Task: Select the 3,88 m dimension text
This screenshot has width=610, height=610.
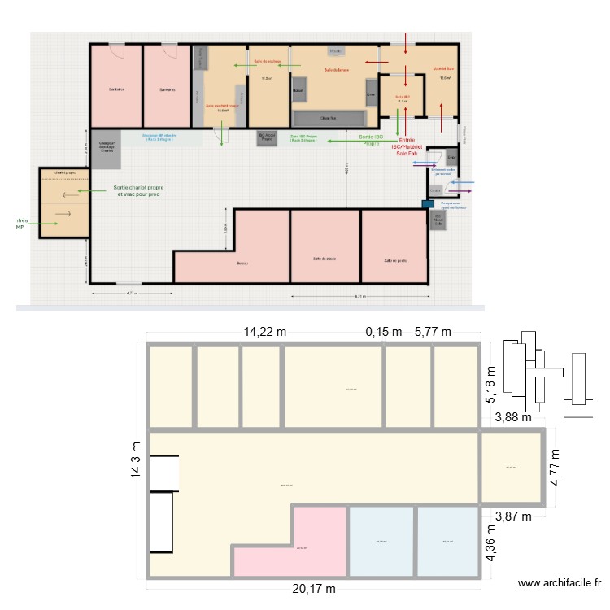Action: pyautogui.click(x=513, y=418)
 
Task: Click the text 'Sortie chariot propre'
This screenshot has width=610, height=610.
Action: pyautogui.click(x=142, y=188)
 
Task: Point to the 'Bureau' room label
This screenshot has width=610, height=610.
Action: pyautogui.click(x=242, y=263)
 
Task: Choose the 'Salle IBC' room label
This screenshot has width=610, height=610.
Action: pyautogui.click(x=402, y=97)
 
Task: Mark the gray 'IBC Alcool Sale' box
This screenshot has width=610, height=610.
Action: pyautogui.click(x=438, y=220)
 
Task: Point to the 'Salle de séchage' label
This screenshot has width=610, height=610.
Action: pyautogui.click(x=268, y=62)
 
